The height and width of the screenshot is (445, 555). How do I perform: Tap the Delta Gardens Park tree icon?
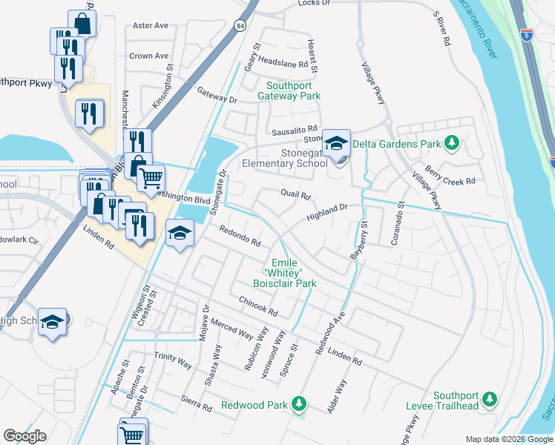450,143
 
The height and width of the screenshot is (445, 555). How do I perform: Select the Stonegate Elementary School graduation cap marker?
336,142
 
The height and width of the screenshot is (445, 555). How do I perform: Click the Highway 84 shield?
240,26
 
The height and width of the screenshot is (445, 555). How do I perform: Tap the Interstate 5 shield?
527,34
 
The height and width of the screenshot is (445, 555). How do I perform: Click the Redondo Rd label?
239,237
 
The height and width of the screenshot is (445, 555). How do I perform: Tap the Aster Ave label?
150,25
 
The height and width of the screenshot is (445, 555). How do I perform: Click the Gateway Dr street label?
217,94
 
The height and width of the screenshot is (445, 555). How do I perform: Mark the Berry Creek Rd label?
450,175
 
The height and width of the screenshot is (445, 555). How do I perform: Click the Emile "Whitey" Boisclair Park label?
294,273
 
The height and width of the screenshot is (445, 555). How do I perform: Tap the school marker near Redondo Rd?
179,234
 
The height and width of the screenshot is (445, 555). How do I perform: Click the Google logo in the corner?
24,436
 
